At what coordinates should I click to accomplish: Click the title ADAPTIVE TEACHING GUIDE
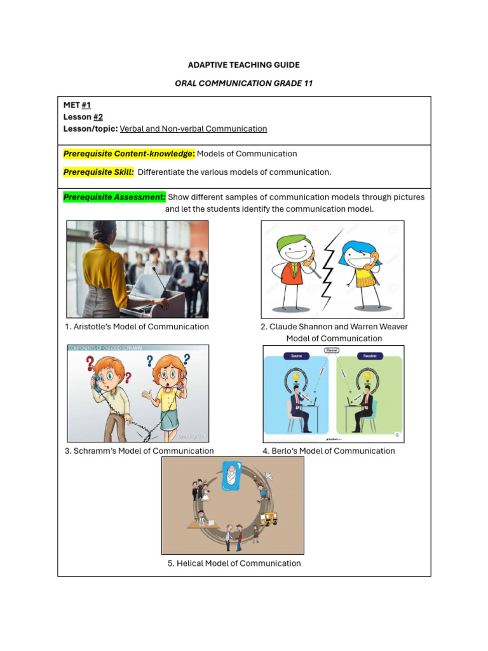click(243, 65)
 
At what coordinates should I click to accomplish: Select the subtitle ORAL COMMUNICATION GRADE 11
click(243, 83)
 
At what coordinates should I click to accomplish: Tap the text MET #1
click(77, 105)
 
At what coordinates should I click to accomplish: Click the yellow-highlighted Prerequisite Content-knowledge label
click(129, 153)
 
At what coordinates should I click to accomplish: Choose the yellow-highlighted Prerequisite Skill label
click(98, 172)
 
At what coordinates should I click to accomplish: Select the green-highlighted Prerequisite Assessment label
click(114, 197)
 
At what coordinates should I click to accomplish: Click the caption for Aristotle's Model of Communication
click(137, 327)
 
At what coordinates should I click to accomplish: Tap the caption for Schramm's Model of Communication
click(139, 451)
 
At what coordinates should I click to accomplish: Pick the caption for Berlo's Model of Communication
click(329, 451)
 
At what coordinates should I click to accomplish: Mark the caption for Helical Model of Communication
click(234, 563)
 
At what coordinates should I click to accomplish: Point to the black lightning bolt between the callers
click(329, 268)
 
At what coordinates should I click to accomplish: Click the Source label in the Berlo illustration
click(296, 356)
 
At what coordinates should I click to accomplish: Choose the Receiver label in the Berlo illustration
click(370, 356)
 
